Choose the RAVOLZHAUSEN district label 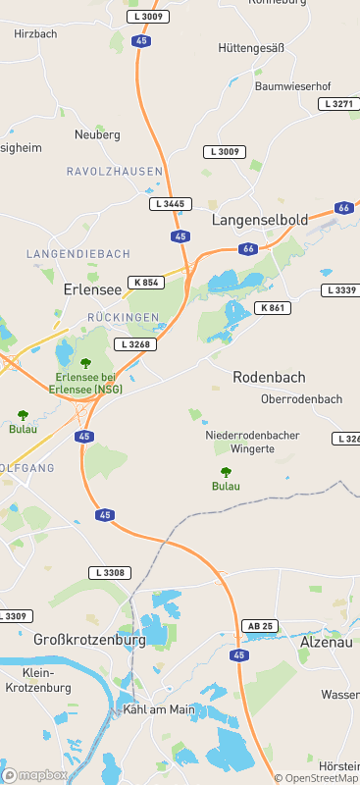[114, 172]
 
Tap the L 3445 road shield [169, 204]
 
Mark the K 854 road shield [144, 283]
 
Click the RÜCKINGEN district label [123, 318]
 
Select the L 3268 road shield [134, 344]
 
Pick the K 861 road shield [274, 308]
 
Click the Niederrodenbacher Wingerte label [252, 442]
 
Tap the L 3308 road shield [109, 572]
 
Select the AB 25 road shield [259, 626]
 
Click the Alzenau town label [325, 642]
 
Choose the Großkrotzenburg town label [89, 640]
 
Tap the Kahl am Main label [155, 708]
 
